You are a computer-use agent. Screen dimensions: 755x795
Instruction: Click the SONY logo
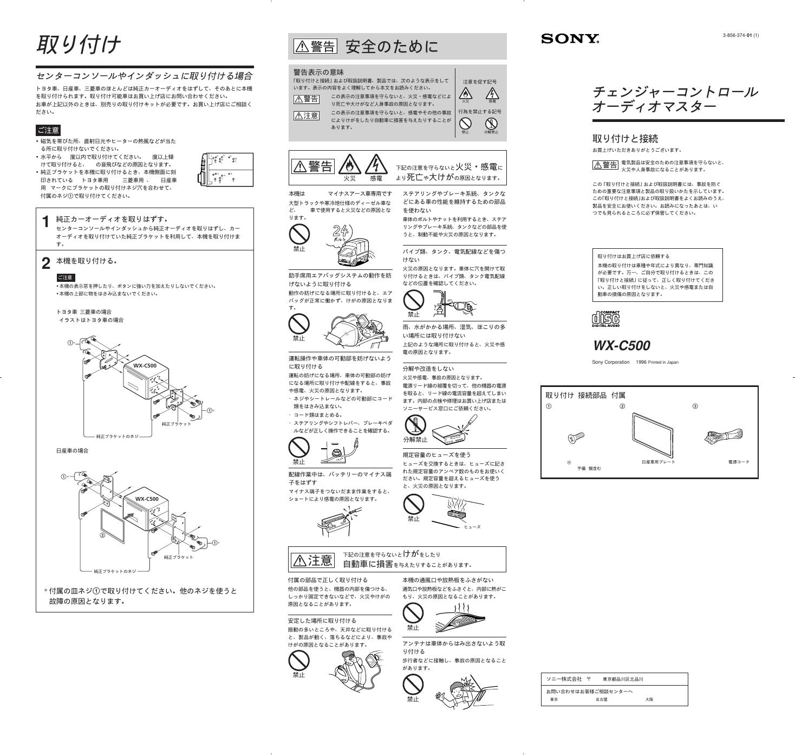570,38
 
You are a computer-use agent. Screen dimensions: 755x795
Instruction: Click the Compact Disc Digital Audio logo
605,319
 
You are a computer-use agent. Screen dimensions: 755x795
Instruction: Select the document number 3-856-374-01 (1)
740,35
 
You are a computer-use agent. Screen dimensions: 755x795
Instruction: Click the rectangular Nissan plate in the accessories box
653,435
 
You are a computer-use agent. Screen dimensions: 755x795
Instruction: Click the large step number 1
46,222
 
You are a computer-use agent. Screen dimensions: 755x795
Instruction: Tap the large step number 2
46,263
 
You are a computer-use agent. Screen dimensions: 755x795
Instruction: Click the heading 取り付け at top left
78,45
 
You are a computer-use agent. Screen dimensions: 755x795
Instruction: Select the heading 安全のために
391,47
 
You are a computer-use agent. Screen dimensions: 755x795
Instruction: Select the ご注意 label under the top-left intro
48,130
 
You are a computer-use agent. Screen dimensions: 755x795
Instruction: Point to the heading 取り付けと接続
625,138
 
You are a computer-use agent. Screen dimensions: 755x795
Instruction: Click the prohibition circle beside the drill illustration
414,300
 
